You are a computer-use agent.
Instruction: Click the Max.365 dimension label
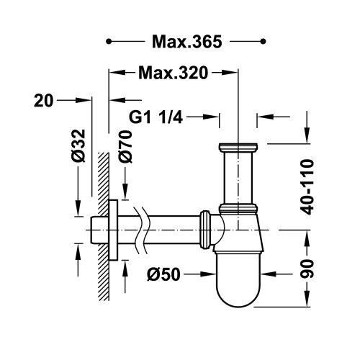pos(187,42)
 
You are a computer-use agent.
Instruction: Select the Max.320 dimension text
pos(173,73)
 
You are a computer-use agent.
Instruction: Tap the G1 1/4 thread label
pos(156,117)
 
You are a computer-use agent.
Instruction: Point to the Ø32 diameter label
pos(78,145)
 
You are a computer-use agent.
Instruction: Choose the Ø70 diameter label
pos(125,147)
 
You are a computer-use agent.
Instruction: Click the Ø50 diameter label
pos(163,274)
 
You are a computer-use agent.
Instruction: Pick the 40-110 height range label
pos(307,186)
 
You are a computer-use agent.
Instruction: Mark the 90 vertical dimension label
pos(307,269)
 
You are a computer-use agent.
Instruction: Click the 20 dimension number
pos(43,101)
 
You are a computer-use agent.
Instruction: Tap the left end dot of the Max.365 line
pos(109,42)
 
